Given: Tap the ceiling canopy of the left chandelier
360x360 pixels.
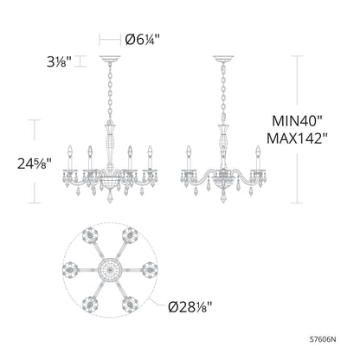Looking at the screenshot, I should click(109, 59).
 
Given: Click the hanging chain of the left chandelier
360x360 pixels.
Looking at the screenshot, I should click(109, 91).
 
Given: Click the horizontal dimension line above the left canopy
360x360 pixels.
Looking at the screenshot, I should click(109, 39).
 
